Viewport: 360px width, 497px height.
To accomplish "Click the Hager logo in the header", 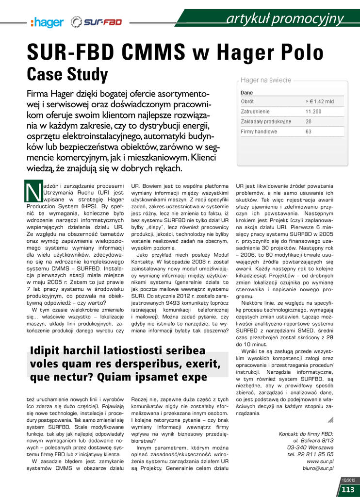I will click(x=47, y=22).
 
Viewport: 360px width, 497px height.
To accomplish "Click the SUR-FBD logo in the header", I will click(x=96, y=22).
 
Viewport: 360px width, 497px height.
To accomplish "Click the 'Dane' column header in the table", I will click(x=247, y=92).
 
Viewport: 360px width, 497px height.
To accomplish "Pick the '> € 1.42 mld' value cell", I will click(x=319, y=101).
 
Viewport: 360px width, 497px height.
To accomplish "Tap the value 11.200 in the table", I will click(x=313, y=112).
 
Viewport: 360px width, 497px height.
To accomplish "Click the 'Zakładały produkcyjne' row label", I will click(x=266, y=121).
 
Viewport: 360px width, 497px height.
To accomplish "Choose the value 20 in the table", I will click(x=309, y=121).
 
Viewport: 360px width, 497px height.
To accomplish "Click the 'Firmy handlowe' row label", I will click(x=259, y=132).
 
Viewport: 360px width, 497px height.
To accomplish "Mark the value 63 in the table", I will click(x=309, y=132).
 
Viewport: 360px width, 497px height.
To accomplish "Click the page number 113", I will click(x=348, y=489).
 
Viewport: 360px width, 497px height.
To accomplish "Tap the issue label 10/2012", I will click(x=348, y=480).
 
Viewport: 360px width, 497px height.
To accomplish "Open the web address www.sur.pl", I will click(x=320, y=461).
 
